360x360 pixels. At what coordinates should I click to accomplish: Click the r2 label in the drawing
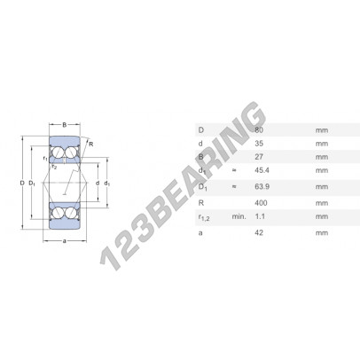coord(55,166)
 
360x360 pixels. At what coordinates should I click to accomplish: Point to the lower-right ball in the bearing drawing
coord(72,213)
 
